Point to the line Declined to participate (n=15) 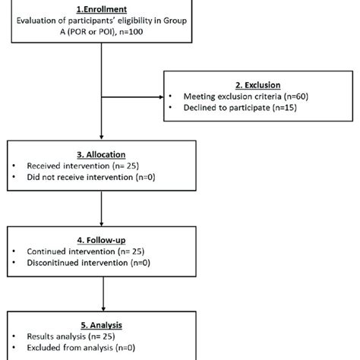click(x=240, y=109)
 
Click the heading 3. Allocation click(x=103, y=154)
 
